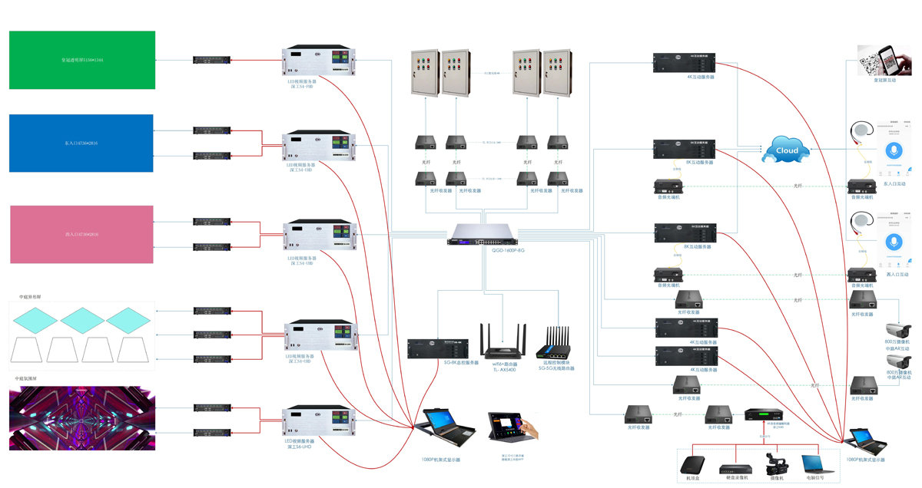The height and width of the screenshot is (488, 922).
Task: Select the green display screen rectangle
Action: (82, 60)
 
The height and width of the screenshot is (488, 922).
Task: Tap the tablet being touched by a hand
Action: (510, 427)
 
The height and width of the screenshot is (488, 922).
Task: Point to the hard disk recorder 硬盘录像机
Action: (733, 468)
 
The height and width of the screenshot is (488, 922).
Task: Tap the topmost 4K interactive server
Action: (684, 63)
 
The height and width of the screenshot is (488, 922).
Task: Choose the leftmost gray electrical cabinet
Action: (425, 74)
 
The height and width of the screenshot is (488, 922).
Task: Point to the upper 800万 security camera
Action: (901, 329)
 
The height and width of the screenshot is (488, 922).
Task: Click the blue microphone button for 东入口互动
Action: (892, 150)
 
